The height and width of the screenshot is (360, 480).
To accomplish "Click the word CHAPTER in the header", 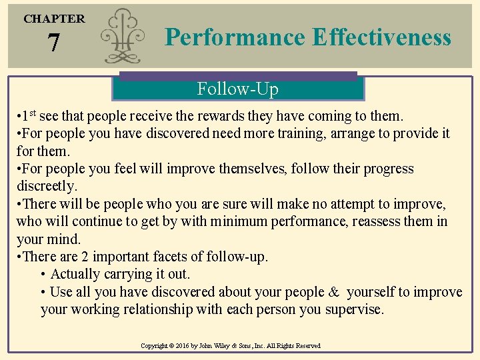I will (x=54, y=19).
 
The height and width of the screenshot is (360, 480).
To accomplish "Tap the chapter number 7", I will (x=53, y=44).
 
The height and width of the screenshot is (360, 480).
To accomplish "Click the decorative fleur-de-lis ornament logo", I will (x=124, y=37).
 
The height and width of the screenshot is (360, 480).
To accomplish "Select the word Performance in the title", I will (x=236, y=37).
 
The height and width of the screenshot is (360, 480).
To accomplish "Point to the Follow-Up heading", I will (x=237, y=89).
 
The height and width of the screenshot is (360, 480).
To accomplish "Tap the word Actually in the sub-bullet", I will (x=79, y=274).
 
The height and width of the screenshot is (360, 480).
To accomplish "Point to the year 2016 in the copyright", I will (x=185, y=346).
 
